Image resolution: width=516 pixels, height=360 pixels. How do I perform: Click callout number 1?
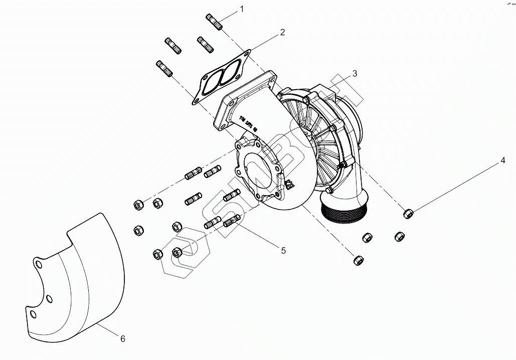pos(242,9)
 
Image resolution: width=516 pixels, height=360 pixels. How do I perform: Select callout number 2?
pos(282,32)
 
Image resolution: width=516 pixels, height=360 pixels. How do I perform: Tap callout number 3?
pos(355,73)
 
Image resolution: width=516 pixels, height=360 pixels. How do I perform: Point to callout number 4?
pos(501,161)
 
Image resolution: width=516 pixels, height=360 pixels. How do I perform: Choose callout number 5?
pos(283,250)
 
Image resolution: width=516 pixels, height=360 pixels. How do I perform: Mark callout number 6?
pos(122,339)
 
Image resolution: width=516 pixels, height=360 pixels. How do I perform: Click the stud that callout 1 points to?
pos(214,22)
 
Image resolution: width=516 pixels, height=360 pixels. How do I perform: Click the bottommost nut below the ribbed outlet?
pos(358,260)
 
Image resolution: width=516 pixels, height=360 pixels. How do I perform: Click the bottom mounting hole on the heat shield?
pos(33,314)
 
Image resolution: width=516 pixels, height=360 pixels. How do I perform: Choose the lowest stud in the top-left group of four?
pos(165,69)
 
